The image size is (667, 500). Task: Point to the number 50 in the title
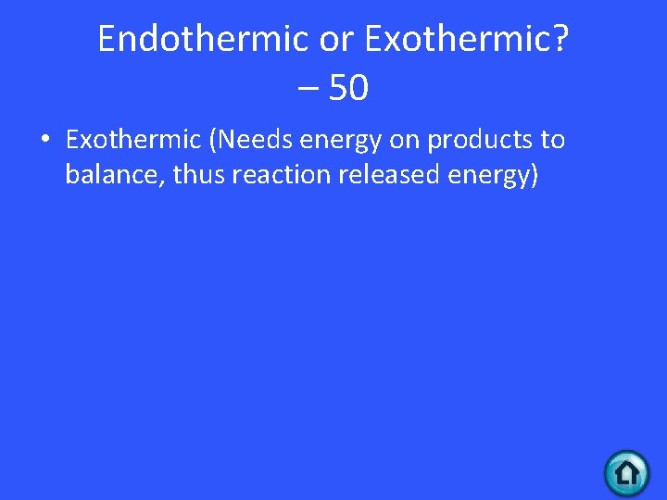point(348,89)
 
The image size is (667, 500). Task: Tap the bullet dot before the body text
point(44,141)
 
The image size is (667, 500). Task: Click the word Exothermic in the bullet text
point(133,140)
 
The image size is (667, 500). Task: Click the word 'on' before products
point(406,141)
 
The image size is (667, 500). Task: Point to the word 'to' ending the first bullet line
point(553,140)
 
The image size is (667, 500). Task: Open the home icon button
point(627,473)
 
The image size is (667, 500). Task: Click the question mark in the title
point(561,39)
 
